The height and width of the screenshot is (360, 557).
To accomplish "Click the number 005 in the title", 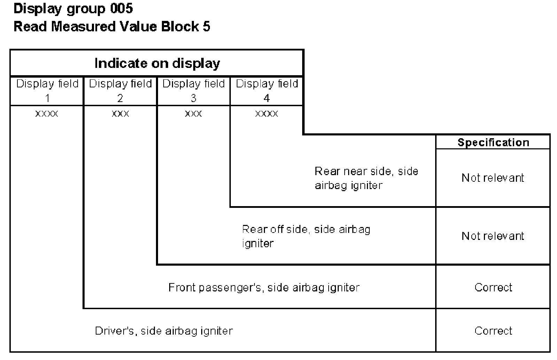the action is tap(121, 8).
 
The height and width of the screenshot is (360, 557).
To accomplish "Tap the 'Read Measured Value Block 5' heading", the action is tap(112, 26).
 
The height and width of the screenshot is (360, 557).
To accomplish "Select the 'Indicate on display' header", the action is tap(157, 63).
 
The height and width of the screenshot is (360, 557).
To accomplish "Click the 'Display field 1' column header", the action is tap(47, 91).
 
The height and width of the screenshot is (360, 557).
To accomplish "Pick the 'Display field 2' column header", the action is tap(120, 91).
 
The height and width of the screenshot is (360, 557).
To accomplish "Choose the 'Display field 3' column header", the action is tap(194, 91).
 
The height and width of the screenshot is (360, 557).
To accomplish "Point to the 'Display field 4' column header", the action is tap(267, 91).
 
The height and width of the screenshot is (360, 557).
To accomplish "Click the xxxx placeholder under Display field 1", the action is tap(47, 114).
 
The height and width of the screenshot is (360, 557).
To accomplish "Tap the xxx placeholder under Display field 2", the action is tap(120, 114).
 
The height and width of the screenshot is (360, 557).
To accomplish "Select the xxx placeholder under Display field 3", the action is tap(194, 114).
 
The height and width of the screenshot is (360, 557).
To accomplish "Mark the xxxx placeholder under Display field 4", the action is tap(267, 114).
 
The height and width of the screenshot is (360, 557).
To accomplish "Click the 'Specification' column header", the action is tap(493, 142).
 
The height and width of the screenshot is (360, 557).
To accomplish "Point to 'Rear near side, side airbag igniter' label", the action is tap(367, 178).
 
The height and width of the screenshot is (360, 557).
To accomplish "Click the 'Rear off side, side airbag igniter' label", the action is tap(306, 236).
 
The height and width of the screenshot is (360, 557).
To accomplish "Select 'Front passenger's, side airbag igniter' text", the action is tap(264, 288).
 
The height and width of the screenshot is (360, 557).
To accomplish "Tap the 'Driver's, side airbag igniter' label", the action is tap(164, 331).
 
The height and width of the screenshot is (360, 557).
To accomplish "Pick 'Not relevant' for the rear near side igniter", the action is tap(493, 178).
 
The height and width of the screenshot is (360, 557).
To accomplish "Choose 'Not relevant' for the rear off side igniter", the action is tap(493, 236).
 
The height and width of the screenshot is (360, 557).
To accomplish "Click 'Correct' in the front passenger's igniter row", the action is tap(493, 287).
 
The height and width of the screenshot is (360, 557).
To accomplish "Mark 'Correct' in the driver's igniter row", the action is tap(493, 331).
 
